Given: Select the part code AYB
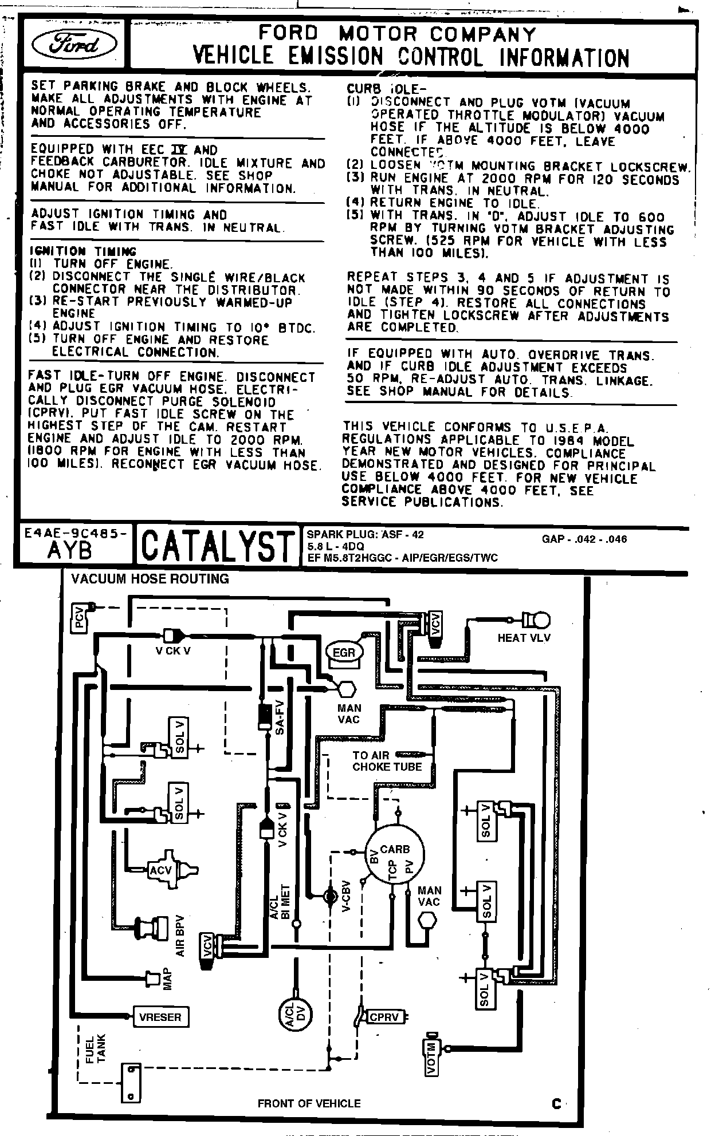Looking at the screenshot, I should coord(70,550).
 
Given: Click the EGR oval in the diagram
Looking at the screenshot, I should coord(344,652).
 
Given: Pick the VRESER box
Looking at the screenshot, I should coord(160,1017).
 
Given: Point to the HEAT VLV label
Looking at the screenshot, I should coord(524,638).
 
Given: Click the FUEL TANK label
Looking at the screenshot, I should coord(96,1048).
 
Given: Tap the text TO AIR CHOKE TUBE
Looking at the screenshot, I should coord(387,761).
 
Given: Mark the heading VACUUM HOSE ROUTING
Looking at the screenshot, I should coord(150,579).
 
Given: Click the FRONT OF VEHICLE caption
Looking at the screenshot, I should coord(309,1103).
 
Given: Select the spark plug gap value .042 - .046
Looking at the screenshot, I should coord(584,539).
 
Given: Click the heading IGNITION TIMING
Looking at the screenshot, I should coord(83,251).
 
